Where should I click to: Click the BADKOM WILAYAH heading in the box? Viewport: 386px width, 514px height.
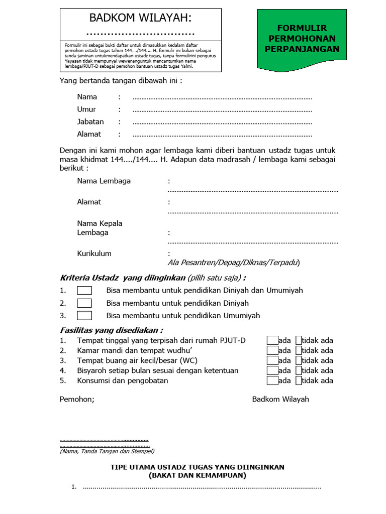pyautogui.click(x=141, y=19)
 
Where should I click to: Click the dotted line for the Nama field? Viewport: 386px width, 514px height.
pyautogui.click(x=222, y=97)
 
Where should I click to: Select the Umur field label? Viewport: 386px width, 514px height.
pyautogui.click(x=86, y=109)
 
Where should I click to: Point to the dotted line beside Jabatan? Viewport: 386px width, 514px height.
pyautogui.click(x=222, y=122)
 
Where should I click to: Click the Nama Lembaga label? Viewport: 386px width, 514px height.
pyautogui.click(x=104, y=181)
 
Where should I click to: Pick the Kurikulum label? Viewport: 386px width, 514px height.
pyautogui.click(x=94, y=253)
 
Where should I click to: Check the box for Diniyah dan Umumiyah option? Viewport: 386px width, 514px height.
pyautogui.click(x=84, y=291)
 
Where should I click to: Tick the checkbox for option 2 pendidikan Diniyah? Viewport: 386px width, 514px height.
pyautogui.click(x=84, y=303)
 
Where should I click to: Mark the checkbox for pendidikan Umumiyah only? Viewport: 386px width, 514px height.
pyautogui.click(x=84, y=316)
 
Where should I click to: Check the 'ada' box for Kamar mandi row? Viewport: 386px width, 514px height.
pyautogui.click(x=272, y=350)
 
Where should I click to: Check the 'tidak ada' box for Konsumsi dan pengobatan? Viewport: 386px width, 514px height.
pyautogui.click(x=299, y=380)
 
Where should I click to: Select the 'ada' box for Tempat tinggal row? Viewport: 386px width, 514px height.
pyautogui.click(x=272, y=340)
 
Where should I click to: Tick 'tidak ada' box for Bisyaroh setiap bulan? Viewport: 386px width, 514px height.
pyautogui.click(x=299, y=370)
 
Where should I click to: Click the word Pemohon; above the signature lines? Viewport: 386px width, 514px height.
pyautogui.click(x=77, y=400)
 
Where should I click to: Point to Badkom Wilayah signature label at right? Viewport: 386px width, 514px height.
pyautogui.click(x=280, y=400)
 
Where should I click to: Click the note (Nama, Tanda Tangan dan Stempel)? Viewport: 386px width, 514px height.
pyautogui.click(x=107, y=451)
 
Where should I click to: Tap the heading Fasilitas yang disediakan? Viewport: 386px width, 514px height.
pyautogui.click(x=111, y=330)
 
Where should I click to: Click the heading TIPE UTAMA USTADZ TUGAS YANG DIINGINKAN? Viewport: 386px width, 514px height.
pyautogui.click(x=198, y=467)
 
